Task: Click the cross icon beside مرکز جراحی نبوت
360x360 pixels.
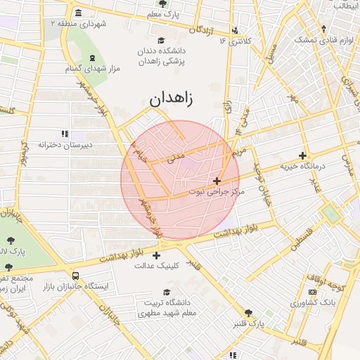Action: [217, 181]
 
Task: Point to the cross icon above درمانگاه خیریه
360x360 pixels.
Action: [303, 155]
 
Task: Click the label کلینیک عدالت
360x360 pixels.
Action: [156, 266]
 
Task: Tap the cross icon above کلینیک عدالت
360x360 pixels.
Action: [156, 255]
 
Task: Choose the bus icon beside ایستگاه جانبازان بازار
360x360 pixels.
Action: [75, 276]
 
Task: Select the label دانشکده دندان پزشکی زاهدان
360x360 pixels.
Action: [162, 57]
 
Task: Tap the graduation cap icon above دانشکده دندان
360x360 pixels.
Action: [162, 40]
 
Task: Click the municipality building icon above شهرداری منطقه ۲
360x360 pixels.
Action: [77, 13]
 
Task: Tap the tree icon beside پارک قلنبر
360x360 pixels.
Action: [248, 314]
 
